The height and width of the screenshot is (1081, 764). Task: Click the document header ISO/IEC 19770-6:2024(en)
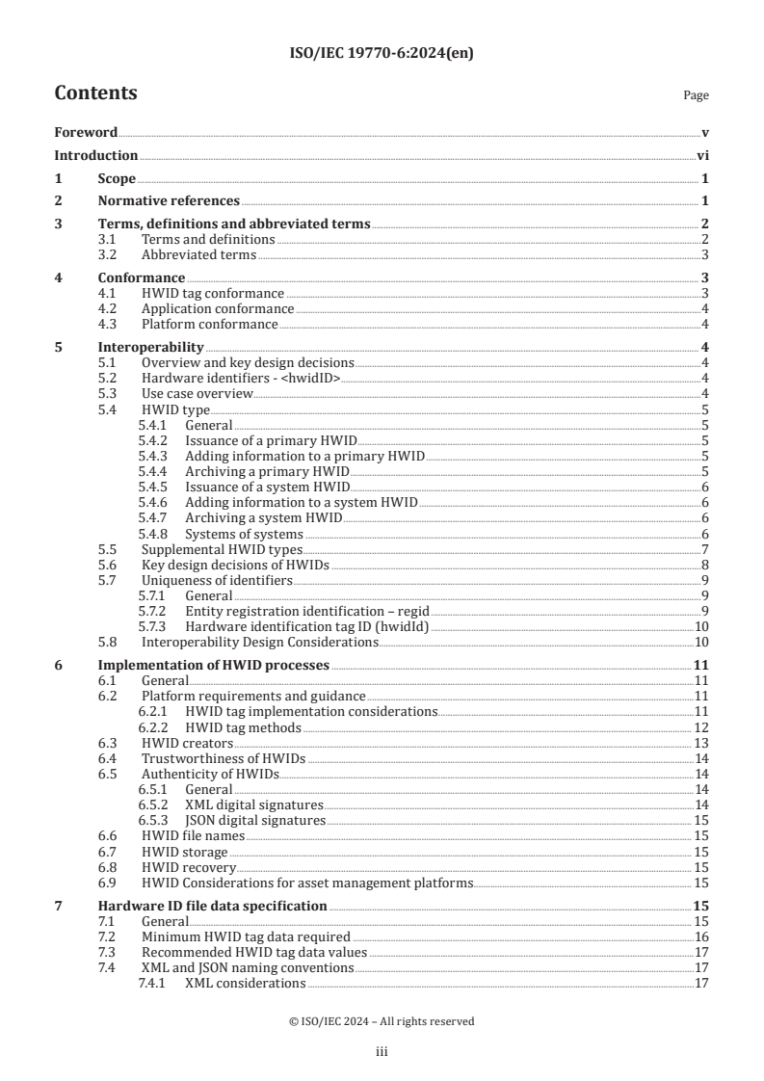382,54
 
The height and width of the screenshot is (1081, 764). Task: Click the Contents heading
95,93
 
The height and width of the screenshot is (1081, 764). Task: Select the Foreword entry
86,132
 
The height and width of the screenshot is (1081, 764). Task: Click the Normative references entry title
169,201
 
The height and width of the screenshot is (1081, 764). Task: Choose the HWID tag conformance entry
212,294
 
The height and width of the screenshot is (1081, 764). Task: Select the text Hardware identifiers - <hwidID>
241,379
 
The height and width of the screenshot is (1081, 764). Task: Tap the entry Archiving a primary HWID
267,472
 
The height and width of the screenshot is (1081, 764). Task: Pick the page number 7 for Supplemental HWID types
706,549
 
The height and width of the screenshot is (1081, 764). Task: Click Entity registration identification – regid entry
306,612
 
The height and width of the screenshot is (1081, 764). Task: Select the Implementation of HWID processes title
214,665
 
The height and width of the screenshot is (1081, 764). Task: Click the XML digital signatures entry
254,804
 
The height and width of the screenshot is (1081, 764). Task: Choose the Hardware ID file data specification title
213,907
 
